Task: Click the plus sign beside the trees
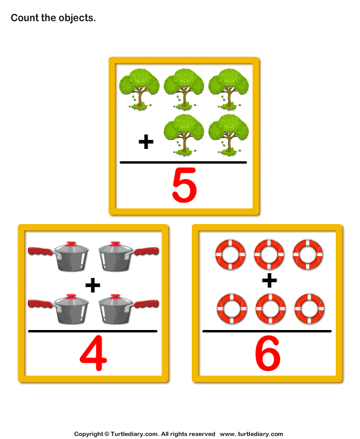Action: [146, 142]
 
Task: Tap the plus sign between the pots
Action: [93, 285]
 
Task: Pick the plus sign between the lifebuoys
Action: [269, 280]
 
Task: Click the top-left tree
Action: [140, 88]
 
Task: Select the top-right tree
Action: [228, 88]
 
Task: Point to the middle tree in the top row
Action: [184, 88]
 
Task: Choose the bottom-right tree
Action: [228, 133]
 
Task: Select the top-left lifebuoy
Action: [231, 254]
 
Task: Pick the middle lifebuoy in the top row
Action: [269, 254]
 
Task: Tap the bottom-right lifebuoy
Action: [308, 309]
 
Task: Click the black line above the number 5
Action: [183, 162]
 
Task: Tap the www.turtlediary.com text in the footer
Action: [251, 434]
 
